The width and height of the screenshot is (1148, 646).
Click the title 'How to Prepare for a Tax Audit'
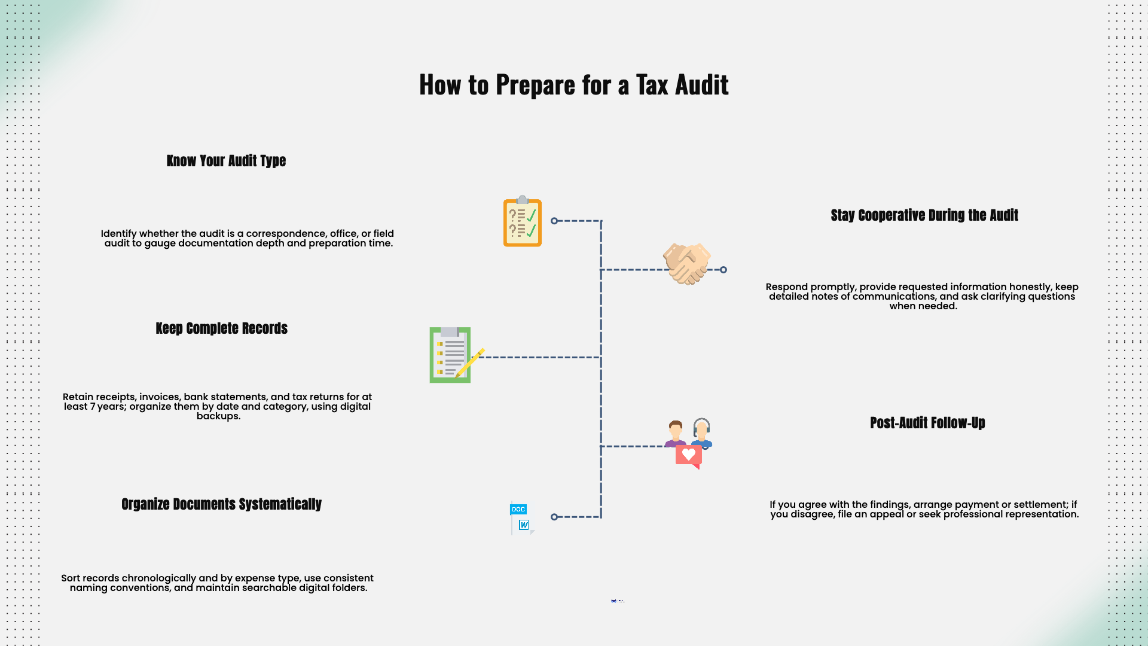pos(574,85)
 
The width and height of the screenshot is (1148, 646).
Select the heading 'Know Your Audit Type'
pos(226,161)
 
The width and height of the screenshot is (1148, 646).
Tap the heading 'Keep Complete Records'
pos(221,328)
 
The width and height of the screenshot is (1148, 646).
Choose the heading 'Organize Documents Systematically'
pos(221,504)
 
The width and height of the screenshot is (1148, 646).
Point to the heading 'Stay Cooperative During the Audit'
pos(924,215)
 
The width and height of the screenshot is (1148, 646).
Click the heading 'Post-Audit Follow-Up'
pos(927,423)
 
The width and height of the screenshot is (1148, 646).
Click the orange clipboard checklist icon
pos(522,222)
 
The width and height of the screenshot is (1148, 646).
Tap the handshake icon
pos(687,264)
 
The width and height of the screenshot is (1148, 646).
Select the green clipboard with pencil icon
pos(450,355)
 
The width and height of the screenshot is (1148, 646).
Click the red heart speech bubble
pos(689,456)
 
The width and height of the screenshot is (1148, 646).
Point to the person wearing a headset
pos(702,432)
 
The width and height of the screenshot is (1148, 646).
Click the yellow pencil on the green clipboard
pos(471,362)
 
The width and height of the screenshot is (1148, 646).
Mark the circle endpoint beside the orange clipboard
pos(554,221)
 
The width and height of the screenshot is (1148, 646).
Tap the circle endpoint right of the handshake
pos(723,270)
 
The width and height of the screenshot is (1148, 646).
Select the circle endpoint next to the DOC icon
pos(554,517)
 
